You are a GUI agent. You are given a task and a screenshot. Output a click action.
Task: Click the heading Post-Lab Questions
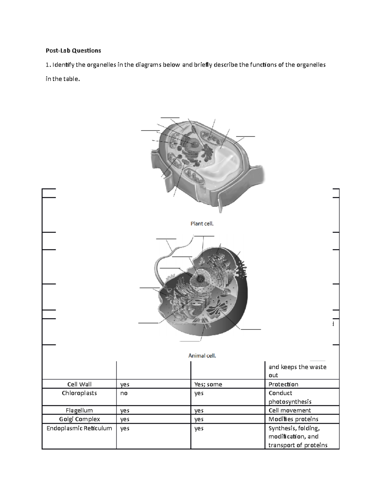[73, 51]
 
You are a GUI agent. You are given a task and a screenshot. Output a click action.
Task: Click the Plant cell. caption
[202, 223]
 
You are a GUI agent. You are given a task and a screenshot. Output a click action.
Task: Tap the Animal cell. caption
[202, 356]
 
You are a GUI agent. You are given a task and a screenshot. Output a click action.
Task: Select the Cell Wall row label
[79, 384]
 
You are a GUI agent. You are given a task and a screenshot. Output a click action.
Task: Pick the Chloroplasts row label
[79, 393]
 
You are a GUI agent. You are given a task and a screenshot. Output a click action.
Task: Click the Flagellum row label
[79, 410]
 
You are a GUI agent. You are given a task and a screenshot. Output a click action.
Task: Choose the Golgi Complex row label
[79, 419]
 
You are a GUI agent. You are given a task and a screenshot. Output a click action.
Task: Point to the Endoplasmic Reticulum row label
[79, 428]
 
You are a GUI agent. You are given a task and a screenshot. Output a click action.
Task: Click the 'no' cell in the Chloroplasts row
[124, 393]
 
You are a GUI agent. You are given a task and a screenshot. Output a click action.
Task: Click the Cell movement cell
[289, 410]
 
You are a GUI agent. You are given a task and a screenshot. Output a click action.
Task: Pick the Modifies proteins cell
[293, 419]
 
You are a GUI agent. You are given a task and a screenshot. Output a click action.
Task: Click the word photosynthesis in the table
[290, 402]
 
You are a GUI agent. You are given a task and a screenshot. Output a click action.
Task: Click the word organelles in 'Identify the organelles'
[100, 65]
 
